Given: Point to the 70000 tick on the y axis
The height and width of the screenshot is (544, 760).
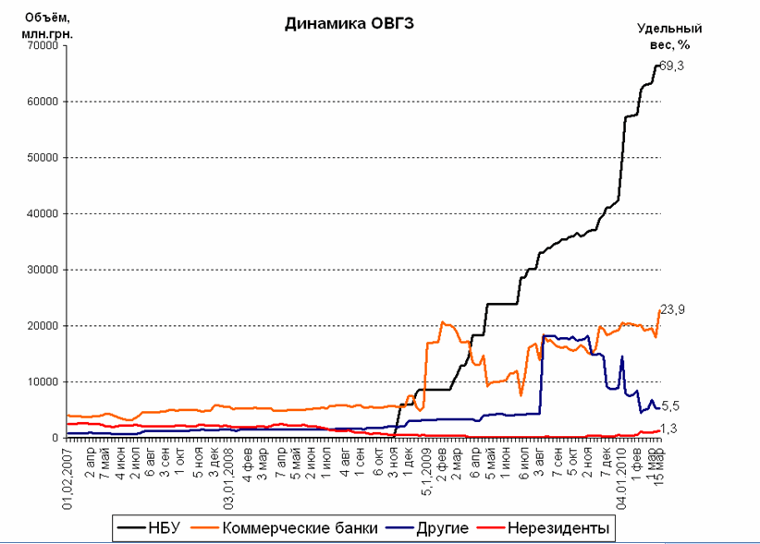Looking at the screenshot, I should click(x=38, y=45).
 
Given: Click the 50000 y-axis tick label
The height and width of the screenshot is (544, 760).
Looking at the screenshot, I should click(x=38, y=157).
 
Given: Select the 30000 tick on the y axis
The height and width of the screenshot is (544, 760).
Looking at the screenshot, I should click(x=38, y=270).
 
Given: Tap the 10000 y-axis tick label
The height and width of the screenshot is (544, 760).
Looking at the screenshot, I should click(x=38, y=381).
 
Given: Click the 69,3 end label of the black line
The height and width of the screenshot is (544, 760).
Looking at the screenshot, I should click(x=672, y=65).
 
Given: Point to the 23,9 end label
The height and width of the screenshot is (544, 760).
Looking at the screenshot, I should click(x=672, y=309).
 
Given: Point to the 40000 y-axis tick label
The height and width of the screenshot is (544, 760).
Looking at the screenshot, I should click(x=38, y=213).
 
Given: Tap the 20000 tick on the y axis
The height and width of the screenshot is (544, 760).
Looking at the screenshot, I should click(x=38, y=325).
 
